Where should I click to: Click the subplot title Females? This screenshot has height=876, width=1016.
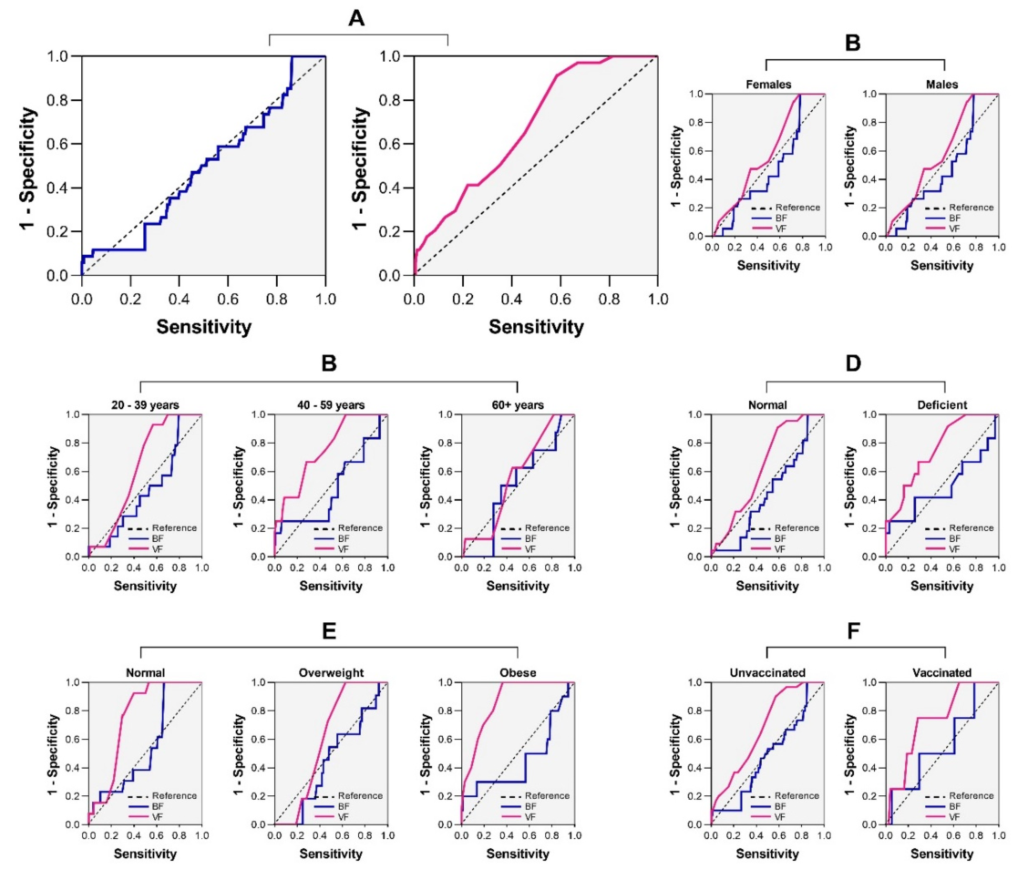[x=768, y=84]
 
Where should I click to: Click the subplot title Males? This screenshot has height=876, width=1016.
[x=942, y=84]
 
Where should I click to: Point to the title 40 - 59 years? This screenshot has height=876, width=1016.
[x=331, y=405]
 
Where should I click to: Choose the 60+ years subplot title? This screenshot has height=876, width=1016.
[x=518, y=405]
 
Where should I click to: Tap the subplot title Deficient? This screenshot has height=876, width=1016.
[x=942, y=405]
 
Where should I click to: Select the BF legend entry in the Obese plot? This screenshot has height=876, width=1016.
[x=530, y=807]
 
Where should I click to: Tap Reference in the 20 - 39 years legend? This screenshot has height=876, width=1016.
[x=174, y=528]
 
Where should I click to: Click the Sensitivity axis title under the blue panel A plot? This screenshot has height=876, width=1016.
[x=204, y=326]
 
